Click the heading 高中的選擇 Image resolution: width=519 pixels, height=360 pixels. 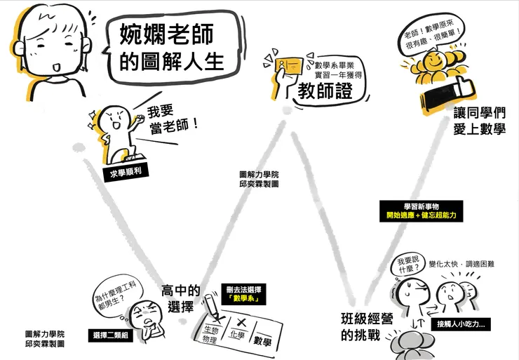[x=181, y=298]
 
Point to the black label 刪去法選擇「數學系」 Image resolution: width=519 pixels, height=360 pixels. [x=241, y=294]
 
